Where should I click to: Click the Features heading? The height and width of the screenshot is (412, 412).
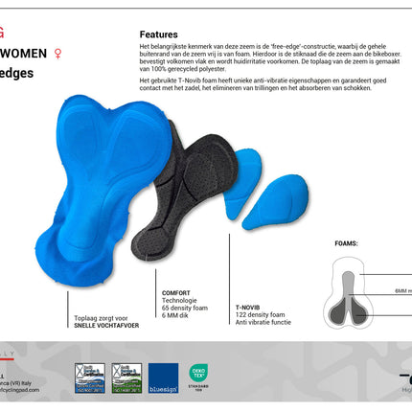[x=158, y=34]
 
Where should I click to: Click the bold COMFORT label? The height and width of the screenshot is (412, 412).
[x=176, y=293]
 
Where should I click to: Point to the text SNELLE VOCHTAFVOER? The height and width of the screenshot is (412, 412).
[x=107, y=327]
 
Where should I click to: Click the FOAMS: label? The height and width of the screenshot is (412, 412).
[x=346, y=244]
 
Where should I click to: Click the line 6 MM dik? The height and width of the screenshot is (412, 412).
[x=175, y=315]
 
